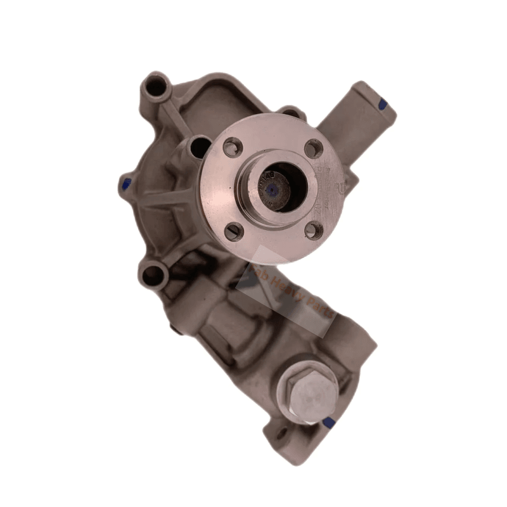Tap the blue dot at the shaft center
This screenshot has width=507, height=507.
coord(272,188)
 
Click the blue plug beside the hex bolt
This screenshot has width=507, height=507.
coord(328,421)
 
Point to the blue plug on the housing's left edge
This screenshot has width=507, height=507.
coord(125,184)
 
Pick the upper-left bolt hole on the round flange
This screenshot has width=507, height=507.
coord(233,148)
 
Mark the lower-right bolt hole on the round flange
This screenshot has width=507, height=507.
coord(312,230)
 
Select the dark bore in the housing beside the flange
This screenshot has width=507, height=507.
coord(199,148)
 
